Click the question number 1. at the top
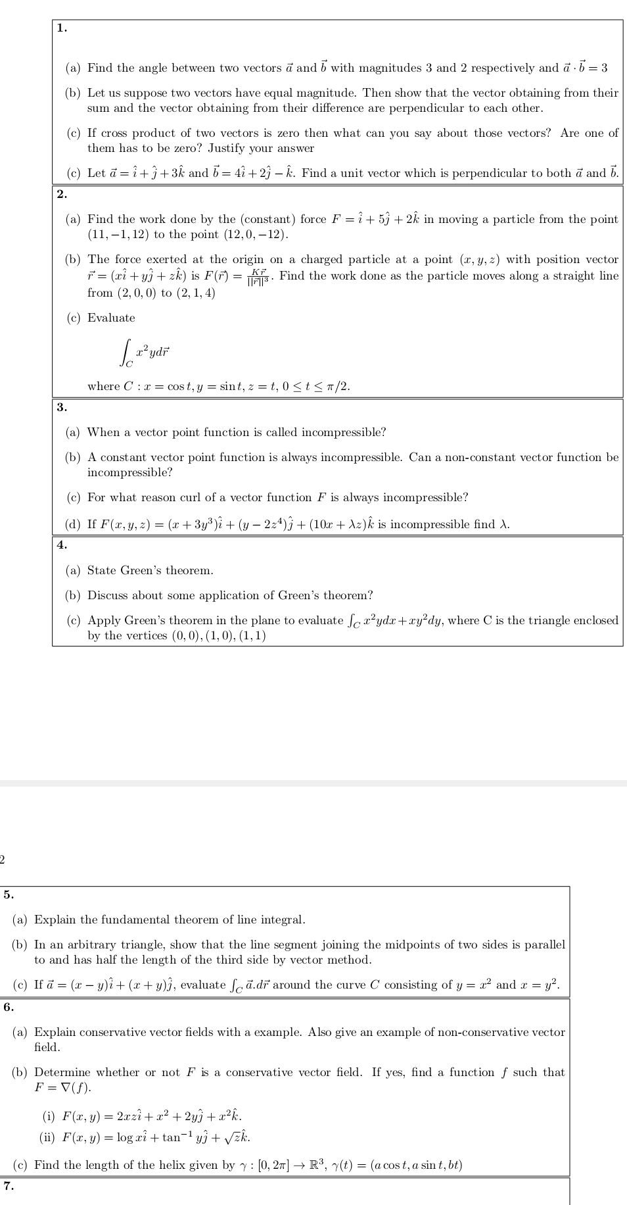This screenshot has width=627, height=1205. [x=62, y=28]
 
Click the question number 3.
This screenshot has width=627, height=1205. [x=62, y=407]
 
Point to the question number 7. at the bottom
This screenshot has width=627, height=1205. [x=9, y=1186]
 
